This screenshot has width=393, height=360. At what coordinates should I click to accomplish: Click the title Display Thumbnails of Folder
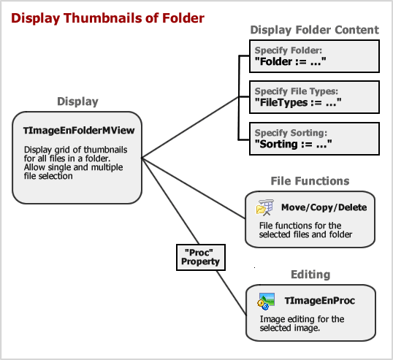click(108, 18)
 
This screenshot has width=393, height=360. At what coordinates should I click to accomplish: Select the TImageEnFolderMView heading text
click(79, 131)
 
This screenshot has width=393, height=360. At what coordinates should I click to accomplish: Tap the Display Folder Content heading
click(315, 30)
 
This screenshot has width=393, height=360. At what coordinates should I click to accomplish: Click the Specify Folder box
click(314, 56)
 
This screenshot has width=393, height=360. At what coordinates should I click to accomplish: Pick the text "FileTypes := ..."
click(298, 102)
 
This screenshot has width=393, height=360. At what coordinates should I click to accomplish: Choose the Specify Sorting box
click(314, 139)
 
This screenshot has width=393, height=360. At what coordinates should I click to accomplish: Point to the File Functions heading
click(310, 181)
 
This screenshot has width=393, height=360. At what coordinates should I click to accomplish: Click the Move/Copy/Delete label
click(324, 207)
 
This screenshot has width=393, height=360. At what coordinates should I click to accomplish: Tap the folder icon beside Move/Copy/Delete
click(264, 207)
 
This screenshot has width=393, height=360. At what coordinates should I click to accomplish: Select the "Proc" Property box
click(201, 257)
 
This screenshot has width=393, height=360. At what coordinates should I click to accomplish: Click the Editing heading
click(310, 275)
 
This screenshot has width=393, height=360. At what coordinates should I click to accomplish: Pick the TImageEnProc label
click(320, 301)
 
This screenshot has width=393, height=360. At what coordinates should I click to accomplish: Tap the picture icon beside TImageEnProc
click(266, 302)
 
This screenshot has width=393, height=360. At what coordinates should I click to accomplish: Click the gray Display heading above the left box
click(77, 102)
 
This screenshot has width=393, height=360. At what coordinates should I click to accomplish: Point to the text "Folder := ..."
click(291, 61)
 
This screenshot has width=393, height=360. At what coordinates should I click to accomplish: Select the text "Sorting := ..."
click(293, 144)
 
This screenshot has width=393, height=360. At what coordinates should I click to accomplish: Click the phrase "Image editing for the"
click(302, 319)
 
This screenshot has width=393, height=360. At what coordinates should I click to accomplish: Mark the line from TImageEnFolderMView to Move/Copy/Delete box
click(194, 188)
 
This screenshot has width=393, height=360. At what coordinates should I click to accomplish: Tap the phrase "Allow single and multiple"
click(74, 167)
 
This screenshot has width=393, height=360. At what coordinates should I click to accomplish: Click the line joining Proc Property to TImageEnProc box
click(232, 293)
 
